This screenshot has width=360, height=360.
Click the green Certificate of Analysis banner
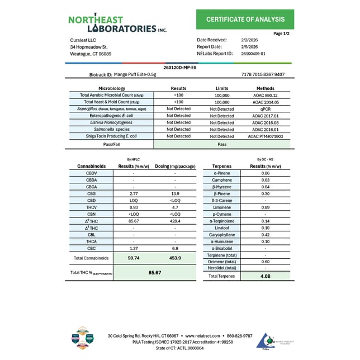(x=245, y=20)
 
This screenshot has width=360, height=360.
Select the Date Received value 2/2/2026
(x=249, y=40)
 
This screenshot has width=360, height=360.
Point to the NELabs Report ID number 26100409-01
(x=254, y=54)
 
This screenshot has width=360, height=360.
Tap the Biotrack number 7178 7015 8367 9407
(x=263, y=74)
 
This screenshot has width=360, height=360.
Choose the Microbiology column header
(x=112, y=88)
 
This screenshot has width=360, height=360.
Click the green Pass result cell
(x=222, y=144)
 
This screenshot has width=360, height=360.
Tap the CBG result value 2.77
(x=134, y=193)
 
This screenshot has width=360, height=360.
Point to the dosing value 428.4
(x=175, y=221)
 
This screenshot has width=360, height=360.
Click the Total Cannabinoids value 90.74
(x=134, y=258)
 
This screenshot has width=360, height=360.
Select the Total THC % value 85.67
(x=154, y=272)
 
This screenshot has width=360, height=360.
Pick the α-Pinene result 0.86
(x=265, y=173)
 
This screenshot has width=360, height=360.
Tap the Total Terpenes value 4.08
(x=265, y=276)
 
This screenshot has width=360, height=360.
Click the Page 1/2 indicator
(x=281, y=34)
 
